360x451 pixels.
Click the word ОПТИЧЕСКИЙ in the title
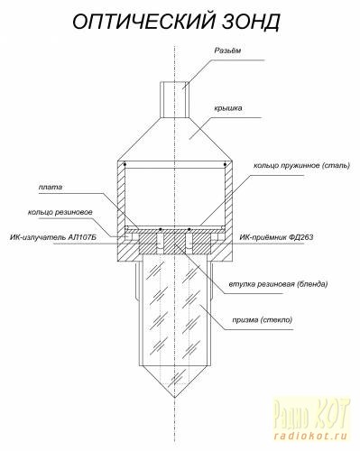coord(144,21)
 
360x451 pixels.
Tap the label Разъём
coord(227,51)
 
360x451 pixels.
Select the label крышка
coord(228,108)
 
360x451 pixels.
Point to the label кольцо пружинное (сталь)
coord(301,166)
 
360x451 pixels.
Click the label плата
coord(51,188)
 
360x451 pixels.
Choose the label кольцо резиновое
coord(60,213)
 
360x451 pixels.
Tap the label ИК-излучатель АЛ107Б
coord(53,237)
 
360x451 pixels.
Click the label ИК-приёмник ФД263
coord(276,237)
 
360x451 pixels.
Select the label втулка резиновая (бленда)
coord(278,284)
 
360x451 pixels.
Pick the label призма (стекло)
coord(262,320)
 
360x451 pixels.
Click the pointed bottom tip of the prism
coord(175,398)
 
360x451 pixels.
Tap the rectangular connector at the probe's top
coord(174,100)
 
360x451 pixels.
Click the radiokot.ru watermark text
coord(310,436)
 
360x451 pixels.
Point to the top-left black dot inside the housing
coord(125,164)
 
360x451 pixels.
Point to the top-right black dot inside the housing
coord(225,164)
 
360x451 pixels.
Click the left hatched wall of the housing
coord(121,207)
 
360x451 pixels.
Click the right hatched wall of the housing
coord(229,207)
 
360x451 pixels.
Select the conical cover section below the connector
coord(175,139)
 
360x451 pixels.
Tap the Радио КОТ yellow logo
coord(311,414)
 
